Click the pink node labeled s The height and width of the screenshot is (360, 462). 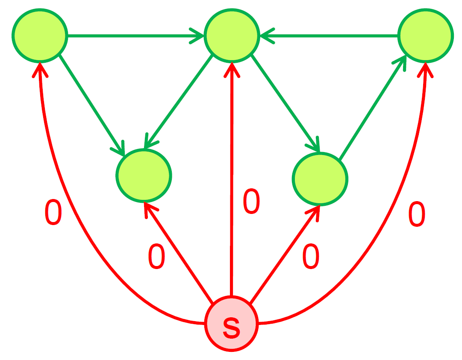tap(231, 324)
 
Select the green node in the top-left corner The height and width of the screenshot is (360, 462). tap(40, 35)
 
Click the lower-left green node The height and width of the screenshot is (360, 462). tap(144, 175)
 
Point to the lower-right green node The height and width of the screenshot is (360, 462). tap(320, 179)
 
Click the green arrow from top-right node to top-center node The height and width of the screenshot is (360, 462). tap(329, 36)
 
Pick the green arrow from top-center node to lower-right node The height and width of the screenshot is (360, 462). tap(285, 103)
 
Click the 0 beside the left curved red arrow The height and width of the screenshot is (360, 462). tap(53, 213)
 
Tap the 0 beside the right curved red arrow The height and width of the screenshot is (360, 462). tap(417, 214)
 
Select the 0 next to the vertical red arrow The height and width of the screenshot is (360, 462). tap(251, 202)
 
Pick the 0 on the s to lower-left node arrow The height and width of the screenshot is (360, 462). tap(156, 258)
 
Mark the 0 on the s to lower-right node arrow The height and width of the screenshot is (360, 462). tap(311, 257)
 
